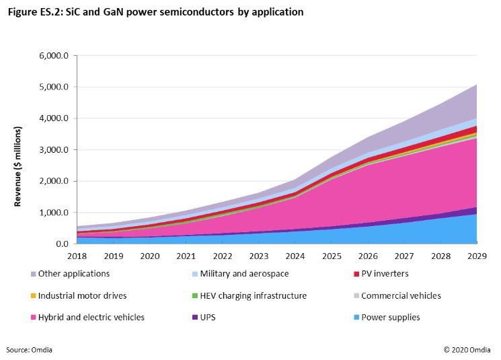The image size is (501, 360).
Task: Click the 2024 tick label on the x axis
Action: (x=295, y=256)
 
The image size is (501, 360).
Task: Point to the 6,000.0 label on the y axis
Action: (x=55, y=56)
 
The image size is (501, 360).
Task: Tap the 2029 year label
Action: (x=476, y=256)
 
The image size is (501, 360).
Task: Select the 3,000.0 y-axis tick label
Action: (x=55, y=150)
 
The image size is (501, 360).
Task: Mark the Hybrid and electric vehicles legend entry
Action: (x=91, y=317)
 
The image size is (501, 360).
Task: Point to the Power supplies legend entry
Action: (x=390, y=317)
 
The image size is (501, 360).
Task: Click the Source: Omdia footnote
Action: (x=30, y=350)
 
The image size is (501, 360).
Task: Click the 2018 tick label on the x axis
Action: (x=77, y=256)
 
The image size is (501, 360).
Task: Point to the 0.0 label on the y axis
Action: (x=62, y=244)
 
